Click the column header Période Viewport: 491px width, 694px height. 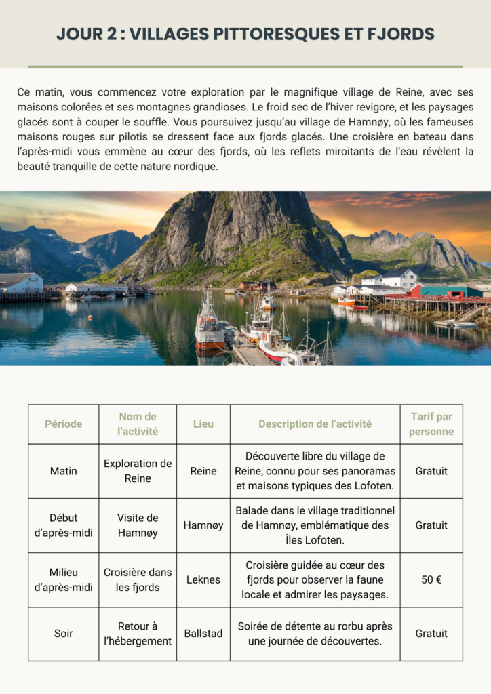(63, 424)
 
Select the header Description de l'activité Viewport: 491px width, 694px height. (315, 424)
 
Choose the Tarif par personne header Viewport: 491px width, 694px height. (431, 424)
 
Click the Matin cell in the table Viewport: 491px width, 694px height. (63, 471)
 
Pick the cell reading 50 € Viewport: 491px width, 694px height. (431, 579)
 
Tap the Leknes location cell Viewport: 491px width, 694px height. (203, 579)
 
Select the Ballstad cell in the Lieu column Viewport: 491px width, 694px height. (203, 634)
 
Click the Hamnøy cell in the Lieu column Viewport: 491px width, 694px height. (203, 525)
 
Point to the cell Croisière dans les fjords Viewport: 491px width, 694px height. (138, 579)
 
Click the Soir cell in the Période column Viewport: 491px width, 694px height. (63, 634)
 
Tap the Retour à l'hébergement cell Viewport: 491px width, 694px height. (138, 634)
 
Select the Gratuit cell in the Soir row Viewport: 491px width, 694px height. (431, 634)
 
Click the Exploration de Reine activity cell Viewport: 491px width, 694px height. (138, 471)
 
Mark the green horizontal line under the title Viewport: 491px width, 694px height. (245, 67)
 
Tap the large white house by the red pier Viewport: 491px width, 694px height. (397, 279)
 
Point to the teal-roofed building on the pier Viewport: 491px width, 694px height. (451, 290)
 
